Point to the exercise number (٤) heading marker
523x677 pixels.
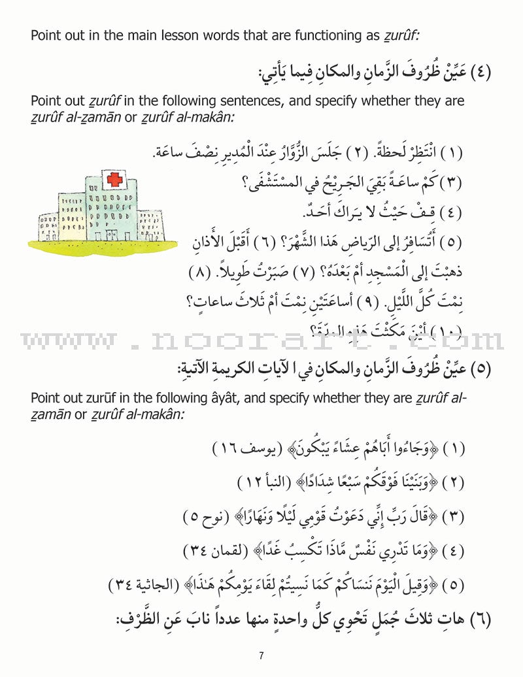tap(479, 71)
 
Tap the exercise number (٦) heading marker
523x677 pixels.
tap(479, 617)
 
